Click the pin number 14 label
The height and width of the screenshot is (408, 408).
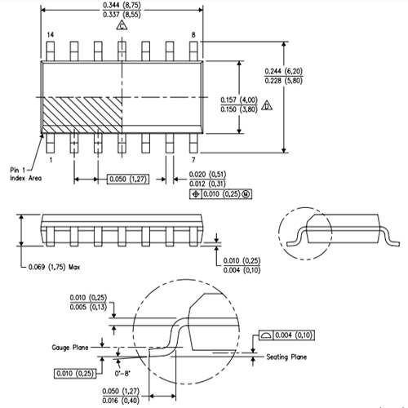coord(50,35)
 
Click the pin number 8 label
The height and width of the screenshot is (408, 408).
coord(193,35)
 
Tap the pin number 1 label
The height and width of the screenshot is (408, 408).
coord(51,160)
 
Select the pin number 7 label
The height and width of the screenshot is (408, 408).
coord(193,160)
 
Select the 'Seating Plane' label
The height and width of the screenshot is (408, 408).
coord(288,356)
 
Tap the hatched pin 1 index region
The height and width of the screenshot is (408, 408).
coord(82,114)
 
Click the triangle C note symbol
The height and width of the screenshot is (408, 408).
coord(122,26)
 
